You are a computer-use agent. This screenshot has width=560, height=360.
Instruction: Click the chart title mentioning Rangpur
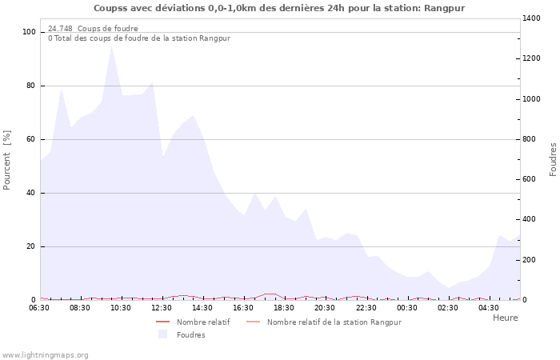click(x=279, y=8)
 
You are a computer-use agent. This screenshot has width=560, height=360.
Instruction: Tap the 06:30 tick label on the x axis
click(x=40, y=308)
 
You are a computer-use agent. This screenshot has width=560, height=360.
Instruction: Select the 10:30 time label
click(x=122, y=308)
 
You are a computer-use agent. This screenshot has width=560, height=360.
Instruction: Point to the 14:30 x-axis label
click(x=203, y=308)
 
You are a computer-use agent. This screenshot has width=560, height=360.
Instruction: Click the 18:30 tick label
click(x=285, y=308)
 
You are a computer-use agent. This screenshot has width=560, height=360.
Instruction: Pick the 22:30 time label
click(x=366, y=308)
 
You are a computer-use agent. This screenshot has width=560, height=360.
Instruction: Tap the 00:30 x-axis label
click(x=407, y=308)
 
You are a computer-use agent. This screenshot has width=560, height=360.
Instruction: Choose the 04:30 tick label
click(x=489, y=308)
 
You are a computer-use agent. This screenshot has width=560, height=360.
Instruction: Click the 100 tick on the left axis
click(x=29, y=32)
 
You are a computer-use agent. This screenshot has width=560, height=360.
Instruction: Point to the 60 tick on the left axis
click(x=31, y=139)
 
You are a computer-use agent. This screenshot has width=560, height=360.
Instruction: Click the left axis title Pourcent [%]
click(x=8, y=159)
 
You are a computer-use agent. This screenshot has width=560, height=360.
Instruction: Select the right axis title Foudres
click(x=553, y=159)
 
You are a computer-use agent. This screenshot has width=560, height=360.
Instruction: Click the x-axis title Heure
click(x=505, y=318)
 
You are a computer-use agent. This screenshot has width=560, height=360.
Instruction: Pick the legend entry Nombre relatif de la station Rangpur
click(x=334, y=322)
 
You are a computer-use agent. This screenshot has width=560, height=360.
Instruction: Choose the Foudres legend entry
click(x=190, y=335)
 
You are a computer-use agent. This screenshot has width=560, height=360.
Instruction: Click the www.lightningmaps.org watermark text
click(x=46, y=354)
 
